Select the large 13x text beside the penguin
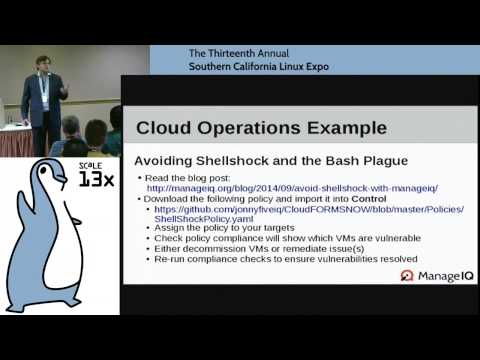(96, 181)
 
